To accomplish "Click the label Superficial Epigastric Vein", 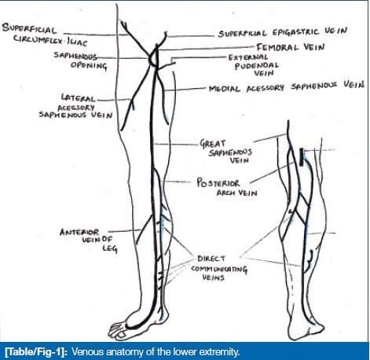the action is [x=283, y=32].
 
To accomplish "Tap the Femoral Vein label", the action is [x=291, y=47].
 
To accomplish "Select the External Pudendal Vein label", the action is [x=254, y=65].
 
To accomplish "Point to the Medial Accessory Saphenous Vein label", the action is [x=287, y=87].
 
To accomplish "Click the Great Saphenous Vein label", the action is [x=225, y=152].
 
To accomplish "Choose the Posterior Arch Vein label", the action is [x=227, y=187].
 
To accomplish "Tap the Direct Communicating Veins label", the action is [x=218, y=268].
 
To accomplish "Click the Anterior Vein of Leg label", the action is [x=89, y=240].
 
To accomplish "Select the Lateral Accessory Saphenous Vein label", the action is [x=75, y=107].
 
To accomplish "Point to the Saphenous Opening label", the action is [x=81, y=61].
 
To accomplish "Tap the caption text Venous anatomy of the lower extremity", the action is [x=156, y=351].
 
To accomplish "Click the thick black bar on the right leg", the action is [x=302, y=157].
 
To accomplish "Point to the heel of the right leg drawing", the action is [x=317, y=329].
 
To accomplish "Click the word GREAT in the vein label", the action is [x=212, y=144].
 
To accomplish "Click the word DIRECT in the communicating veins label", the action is [x=211, y=259].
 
